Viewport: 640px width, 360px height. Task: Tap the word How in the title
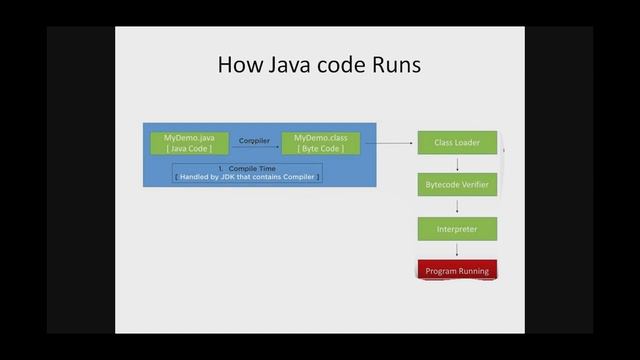[240, 66]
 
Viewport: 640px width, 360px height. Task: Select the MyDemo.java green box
[189, 142]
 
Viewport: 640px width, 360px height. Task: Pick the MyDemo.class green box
[321, 142]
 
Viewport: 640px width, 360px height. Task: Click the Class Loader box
[457, 143]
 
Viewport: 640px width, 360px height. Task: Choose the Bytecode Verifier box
[457, 185]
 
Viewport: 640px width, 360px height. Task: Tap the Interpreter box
[457, 229]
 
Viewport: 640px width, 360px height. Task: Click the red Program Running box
[456, 271]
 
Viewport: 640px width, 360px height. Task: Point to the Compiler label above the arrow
[254, 141]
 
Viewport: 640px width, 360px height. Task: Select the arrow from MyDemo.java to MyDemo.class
[254, 149]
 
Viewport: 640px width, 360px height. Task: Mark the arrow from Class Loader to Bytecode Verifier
[457, 164]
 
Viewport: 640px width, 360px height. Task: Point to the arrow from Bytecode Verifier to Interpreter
[457, 207]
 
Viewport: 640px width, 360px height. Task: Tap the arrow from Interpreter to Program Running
[457, 250]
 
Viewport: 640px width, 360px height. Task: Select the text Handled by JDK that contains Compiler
[247, 177]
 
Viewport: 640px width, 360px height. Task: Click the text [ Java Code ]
[189, 148]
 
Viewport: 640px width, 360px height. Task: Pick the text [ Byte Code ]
[321, 148]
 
